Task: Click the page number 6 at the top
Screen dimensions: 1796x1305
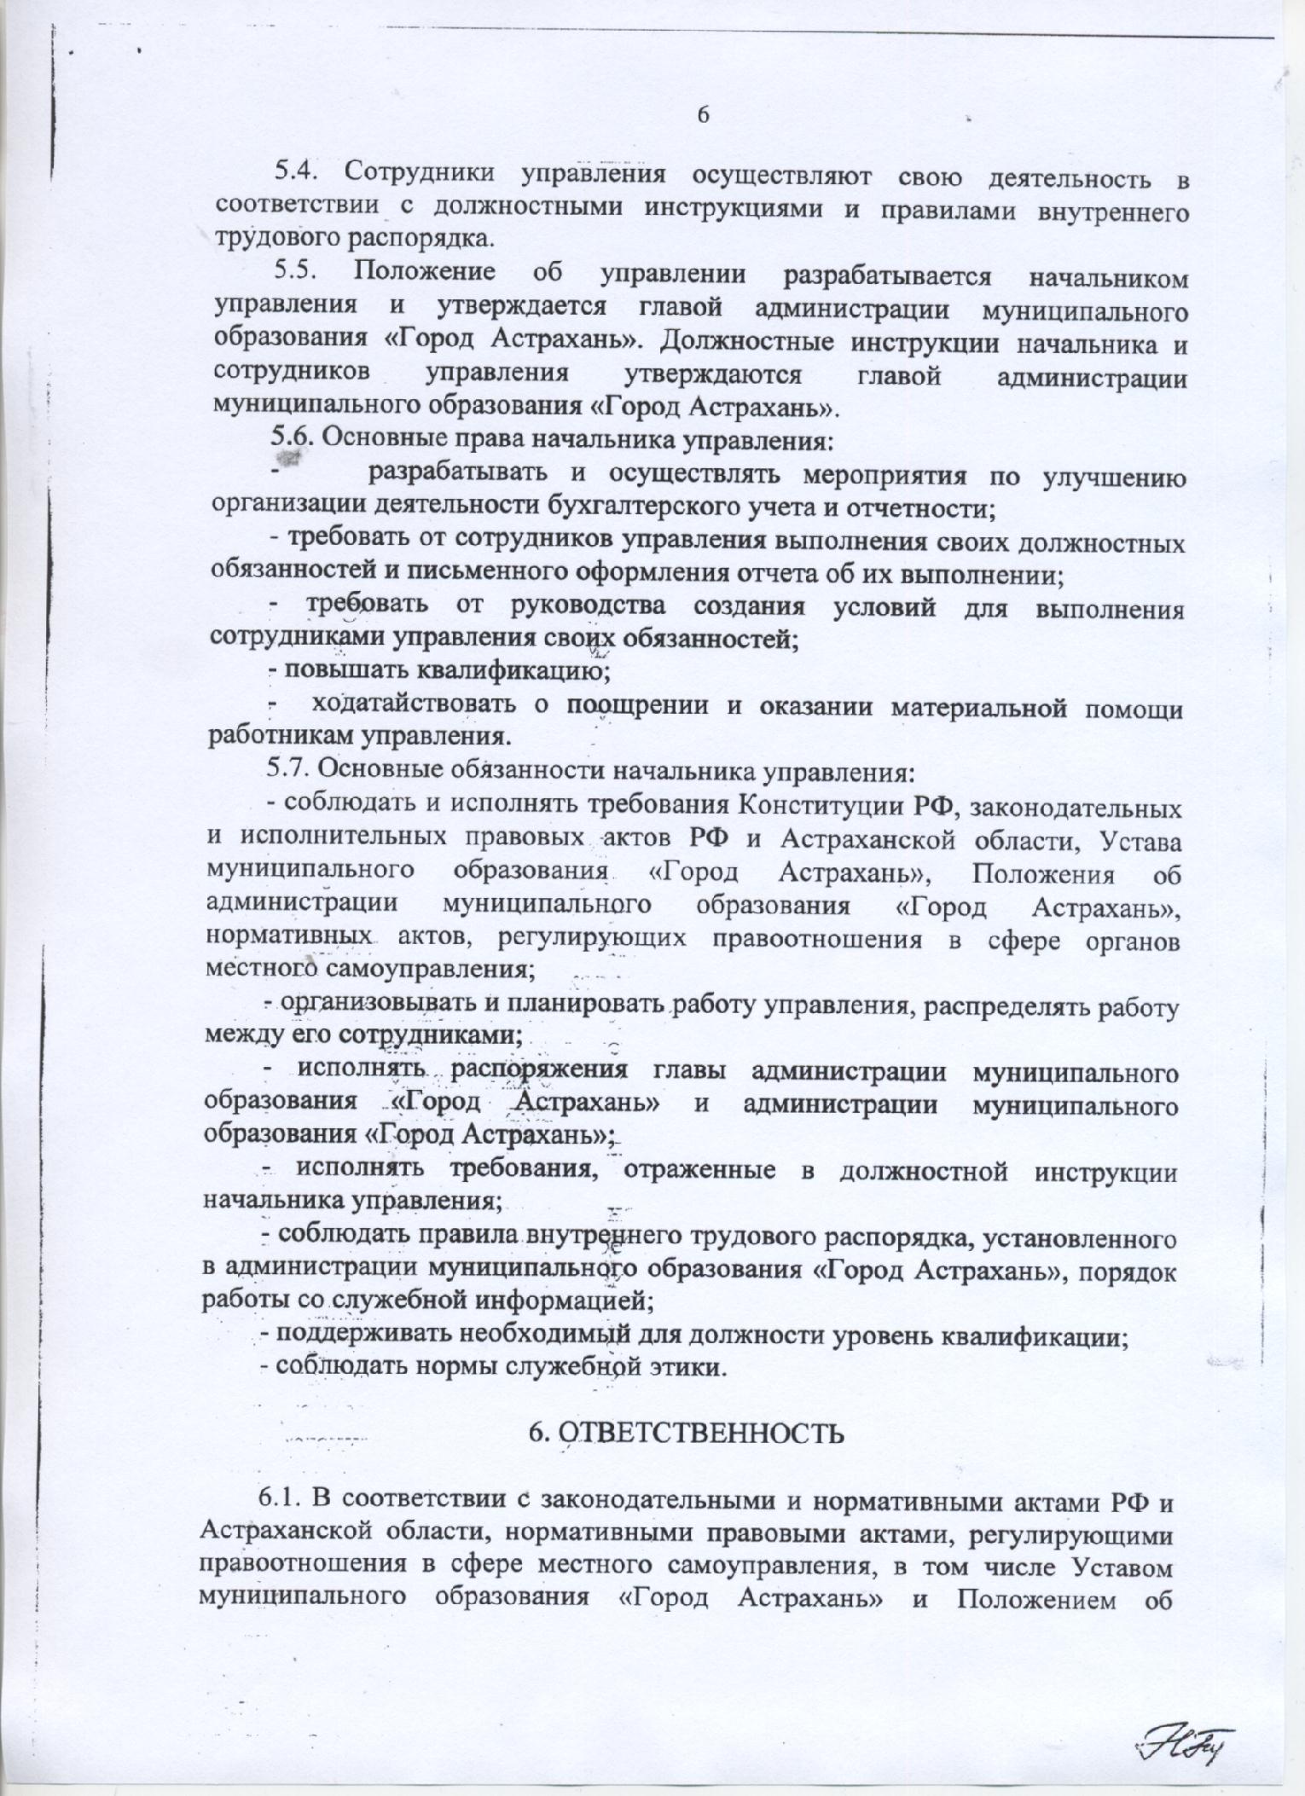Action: pos(704,114)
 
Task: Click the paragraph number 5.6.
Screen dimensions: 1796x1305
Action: pos(293,439)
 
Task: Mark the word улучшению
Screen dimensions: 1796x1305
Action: pos(1114,475)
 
